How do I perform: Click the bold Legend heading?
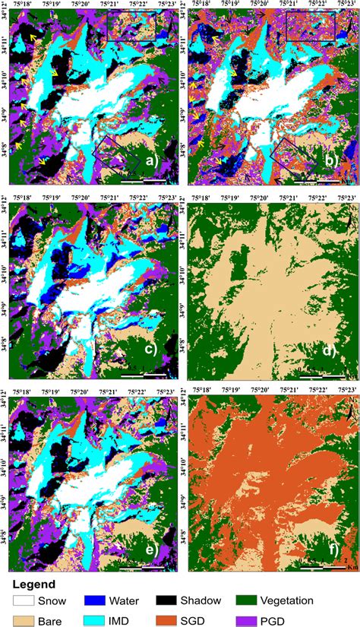[x=33, y=584]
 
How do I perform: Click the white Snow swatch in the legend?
[x=24, y=600]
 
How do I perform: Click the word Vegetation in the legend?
[x=308, y=600]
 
